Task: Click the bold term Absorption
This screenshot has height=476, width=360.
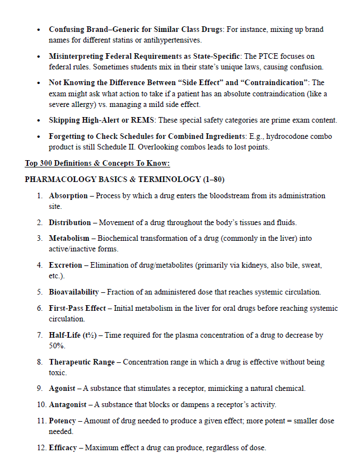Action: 68,196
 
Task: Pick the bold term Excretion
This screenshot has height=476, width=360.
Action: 66,265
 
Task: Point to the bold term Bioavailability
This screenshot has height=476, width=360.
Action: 74,292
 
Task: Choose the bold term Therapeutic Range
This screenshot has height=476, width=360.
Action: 82,362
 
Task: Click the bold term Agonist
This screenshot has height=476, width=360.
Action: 62,389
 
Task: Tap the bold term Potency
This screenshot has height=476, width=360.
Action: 63,421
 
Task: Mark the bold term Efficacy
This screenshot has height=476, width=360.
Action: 63,447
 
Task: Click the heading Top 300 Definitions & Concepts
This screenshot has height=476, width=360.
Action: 97,164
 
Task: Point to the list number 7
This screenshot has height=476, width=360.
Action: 40,335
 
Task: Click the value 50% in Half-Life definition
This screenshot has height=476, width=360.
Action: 57,346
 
